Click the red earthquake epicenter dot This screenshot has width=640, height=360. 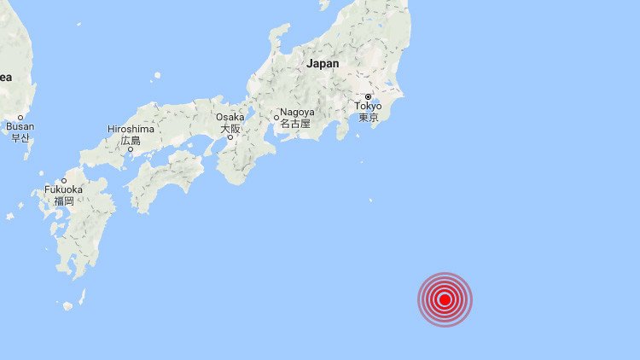coord(445,299)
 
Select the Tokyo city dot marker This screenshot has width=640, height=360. coord(369,96)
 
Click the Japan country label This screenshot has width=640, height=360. coord(323,63)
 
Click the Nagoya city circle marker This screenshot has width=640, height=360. coord(276,118)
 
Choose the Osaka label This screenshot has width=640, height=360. coord(230,118)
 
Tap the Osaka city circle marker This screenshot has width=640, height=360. coord(230,137)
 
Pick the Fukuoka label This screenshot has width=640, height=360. coord(64,190)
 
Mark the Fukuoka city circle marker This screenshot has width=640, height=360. coord(64,180)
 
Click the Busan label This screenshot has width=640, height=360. coord(20,126)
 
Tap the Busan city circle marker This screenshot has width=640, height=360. coord(20,116)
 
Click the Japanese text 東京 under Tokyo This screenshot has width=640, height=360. coord(369,118)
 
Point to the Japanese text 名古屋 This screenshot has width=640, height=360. coord(295,124)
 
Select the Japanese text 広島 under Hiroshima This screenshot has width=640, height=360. coord(130,140)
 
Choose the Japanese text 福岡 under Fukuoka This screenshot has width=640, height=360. coord(64,201)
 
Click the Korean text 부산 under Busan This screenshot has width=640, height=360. coord(20,137)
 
